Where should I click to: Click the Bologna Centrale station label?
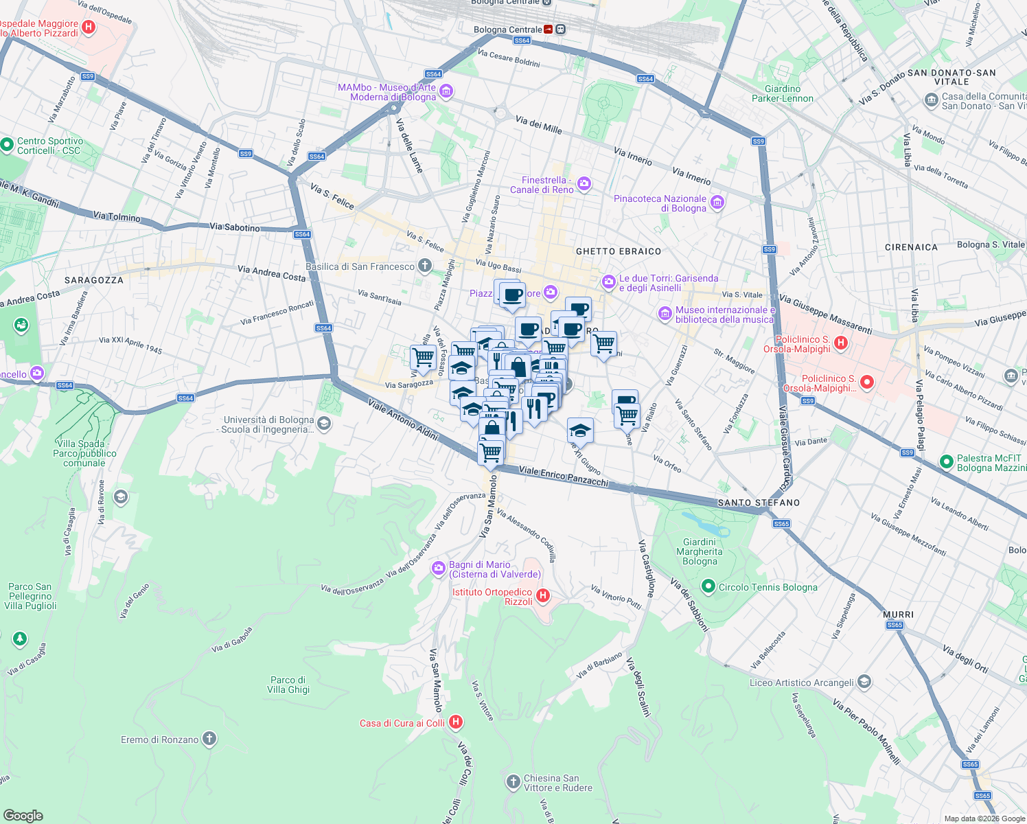coord(508,30)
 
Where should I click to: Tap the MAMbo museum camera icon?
coord(447,91)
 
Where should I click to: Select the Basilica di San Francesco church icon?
coord(425,266)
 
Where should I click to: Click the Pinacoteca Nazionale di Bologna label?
coord(660,203)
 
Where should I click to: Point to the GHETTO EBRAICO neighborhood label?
coord(619,251)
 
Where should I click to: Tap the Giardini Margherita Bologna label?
coord(700,551)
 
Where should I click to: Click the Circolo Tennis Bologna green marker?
coord(708,586)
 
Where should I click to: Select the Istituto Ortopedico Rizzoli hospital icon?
coord(542,596)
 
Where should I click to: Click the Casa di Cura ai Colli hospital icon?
coord(456,722)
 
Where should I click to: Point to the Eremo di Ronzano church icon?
coord(209,739)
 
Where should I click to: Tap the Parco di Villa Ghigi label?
coord(288,685)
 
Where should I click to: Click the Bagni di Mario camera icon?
coord(439,569)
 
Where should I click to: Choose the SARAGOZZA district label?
coord(94,280)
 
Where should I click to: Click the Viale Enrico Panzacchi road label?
coord(564,477)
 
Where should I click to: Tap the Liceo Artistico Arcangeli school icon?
coord(865,682)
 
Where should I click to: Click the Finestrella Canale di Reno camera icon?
coord(584,183)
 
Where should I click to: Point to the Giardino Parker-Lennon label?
coord(782,93)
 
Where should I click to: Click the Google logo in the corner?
coord(23,815)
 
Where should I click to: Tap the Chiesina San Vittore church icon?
coord(513,782)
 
